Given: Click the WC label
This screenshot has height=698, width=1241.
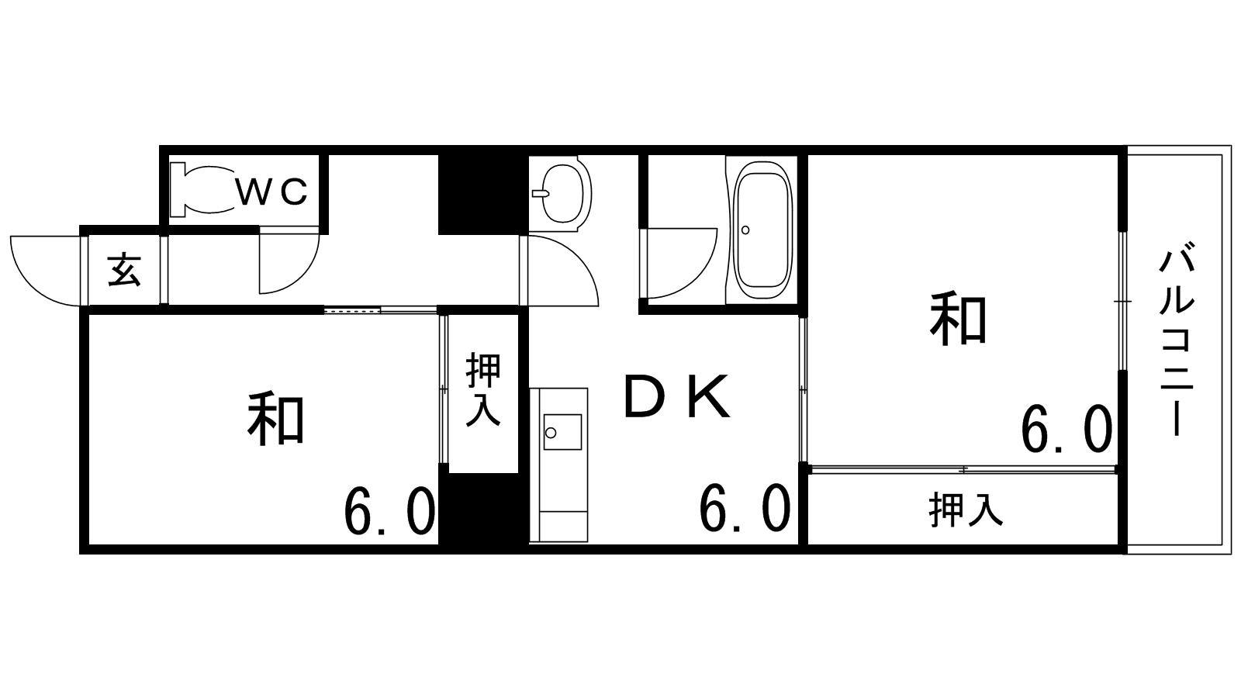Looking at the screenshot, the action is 272,192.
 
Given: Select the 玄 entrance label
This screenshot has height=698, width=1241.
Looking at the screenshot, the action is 124,271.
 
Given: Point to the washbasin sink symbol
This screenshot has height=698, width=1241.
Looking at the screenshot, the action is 562,193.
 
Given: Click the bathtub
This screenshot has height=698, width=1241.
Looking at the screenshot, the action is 762,232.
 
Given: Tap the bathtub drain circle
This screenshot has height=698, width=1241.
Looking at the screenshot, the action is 745,230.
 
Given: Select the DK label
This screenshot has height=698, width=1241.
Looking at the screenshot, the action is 676,396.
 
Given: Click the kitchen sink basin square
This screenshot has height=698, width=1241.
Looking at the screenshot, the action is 562,432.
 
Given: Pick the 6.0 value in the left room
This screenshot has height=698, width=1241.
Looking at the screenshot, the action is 389,512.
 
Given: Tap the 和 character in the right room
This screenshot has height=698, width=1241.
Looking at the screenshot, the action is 958,320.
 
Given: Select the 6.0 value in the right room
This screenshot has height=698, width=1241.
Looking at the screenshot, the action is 1066,430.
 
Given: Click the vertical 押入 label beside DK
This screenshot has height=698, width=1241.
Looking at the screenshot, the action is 484,389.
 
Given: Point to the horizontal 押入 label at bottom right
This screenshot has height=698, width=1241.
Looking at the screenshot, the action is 966,510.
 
